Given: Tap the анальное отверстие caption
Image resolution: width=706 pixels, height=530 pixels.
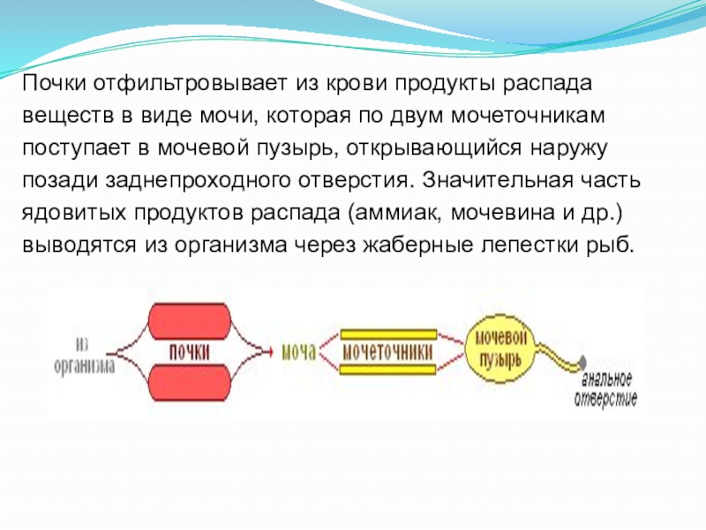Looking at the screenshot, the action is pos(607,389).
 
